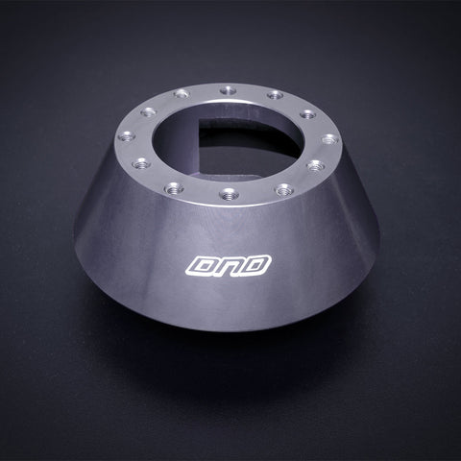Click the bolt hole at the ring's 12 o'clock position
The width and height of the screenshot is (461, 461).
coord(228,90)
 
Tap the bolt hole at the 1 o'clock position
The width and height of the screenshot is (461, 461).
coord(275,95)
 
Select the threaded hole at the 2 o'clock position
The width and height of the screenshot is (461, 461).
coord(307,113)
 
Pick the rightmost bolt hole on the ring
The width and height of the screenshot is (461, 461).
coord(328,139)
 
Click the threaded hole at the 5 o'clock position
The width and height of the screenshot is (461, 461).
coord(283,189)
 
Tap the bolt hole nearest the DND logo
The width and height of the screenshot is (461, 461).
coord(229,195)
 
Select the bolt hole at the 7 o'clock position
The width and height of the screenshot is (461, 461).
coord(174,187)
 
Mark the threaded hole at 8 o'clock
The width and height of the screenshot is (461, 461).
coord(140,163)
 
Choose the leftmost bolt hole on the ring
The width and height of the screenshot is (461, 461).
coord(128,136)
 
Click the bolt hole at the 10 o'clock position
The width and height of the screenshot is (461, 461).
coord(148,112)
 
